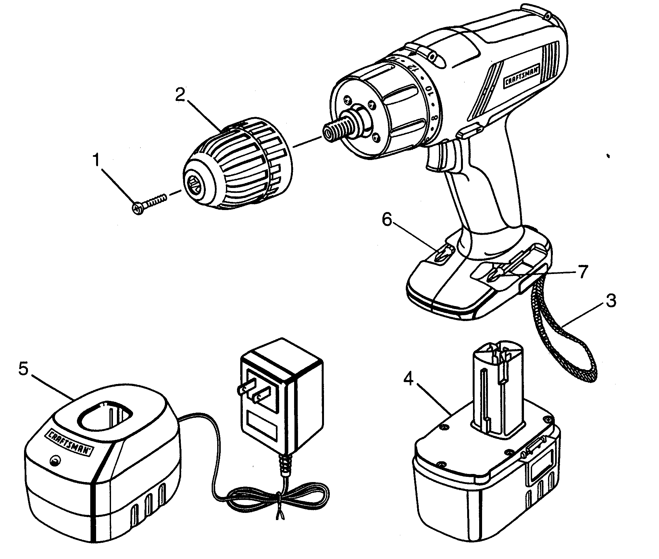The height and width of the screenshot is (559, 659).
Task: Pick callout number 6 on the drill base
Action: point(387,221)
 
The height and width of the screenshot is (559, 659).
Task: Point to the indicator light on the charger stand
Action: point(56,460)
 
